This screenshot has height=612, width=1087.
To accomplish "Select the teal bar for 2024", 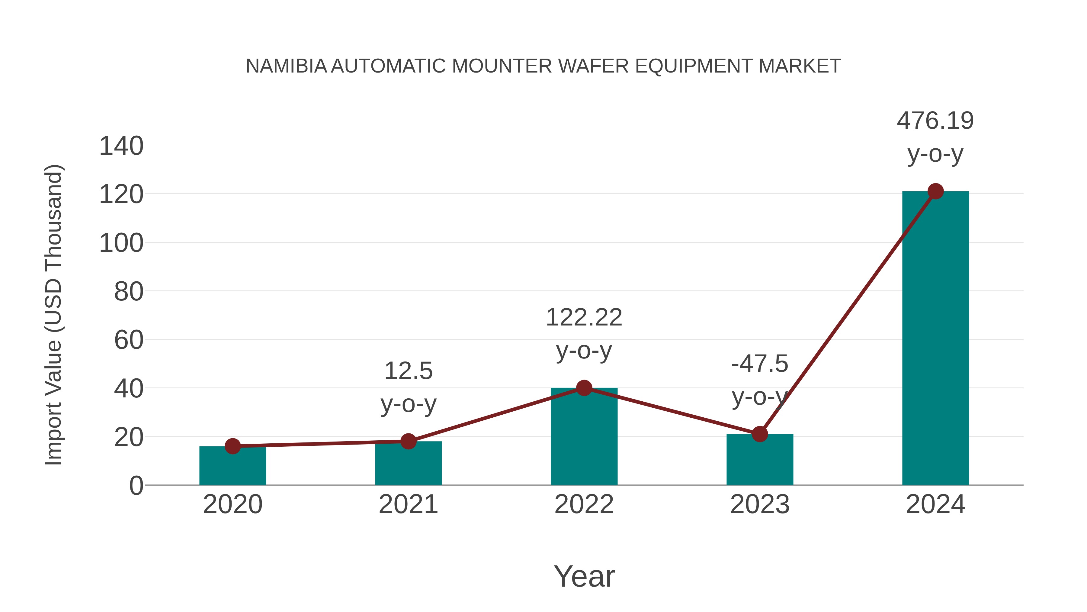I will click(935, 338).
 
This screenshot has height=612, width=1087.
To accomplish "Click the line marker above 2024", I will click(935, 191).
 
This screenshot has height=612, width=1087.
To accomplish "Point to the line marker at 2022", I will click(584, 388).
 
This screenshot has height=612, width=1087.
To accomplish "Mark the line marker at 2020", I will click(232, 446).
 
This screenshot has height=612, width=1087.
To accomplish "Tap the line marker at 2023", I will click(760, 434).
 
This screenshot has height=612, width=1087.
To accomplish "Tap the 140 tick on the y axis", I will click(121, 146).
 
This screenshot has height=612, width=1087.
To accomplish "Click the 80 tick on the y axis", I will click(128, 291).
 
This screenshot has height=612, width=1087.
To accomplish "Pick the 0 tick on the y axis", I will click(136, 486).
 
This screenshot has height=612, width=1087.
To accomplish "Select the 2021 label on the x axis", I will click(408, 504).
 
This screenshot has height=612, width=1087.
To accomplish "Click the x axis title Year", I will click(584, 576).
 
